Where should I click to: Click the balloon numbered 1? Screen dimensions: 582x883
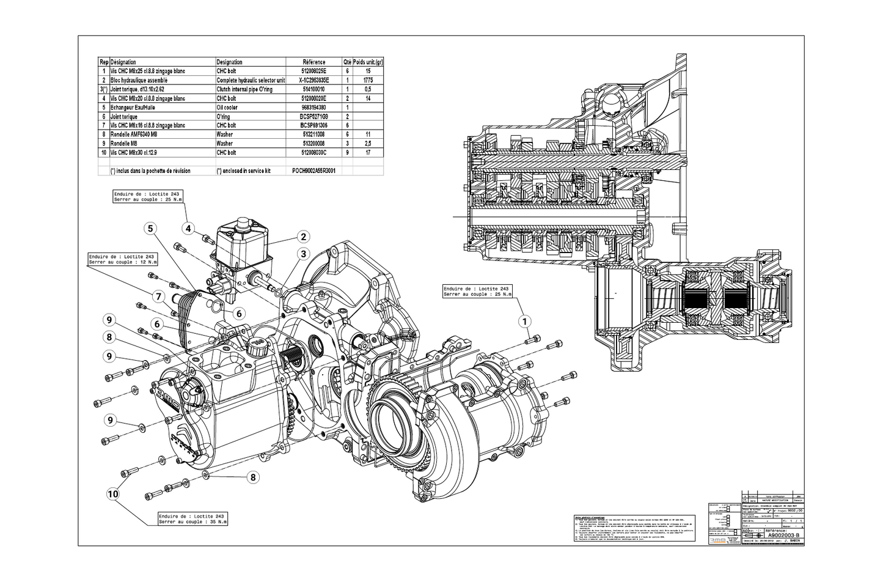tap(524, 320)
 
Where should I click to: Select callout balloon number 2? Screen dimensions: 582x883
tap(302, 237)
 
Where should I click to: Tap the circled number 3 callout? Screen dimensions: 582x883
tap(302, 254)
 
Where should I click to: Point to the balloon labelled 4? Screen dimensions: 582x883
tap(189, 229)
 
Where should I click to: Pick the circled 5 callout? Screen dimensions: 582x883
tap(150, 229)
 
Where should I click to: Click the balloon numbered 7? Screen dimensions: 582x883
tap(158, 297)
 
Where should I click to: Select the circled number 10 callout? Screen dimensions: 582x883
tap(112, 493)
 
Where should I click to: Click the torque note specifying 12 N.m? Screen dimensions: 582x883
tap(122, 259)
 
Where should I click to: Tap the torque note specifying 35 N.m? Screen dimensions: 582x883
tap(192, 518)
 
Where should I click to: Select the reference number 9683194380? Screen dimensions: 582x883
tap(314, 108)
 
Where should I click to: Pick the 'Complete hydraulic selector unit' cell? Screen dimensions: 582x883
tap(251, 80)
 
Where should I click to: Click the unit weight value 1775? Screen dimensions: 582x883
tap(368, 80)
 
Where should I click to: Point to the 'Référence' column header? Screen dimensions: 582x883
tap(314, 62)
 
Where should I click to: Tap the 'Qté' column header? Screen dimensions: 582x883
tap(347, 62)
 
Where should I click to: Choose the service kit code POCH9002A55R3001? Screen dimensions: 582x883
tap(314, 171)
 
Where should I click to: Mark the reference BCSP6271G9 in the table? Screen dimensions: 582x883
tap(314, 117)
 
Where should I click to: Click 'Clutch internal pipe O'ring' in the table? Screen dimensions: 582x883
tap(244, 89)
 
